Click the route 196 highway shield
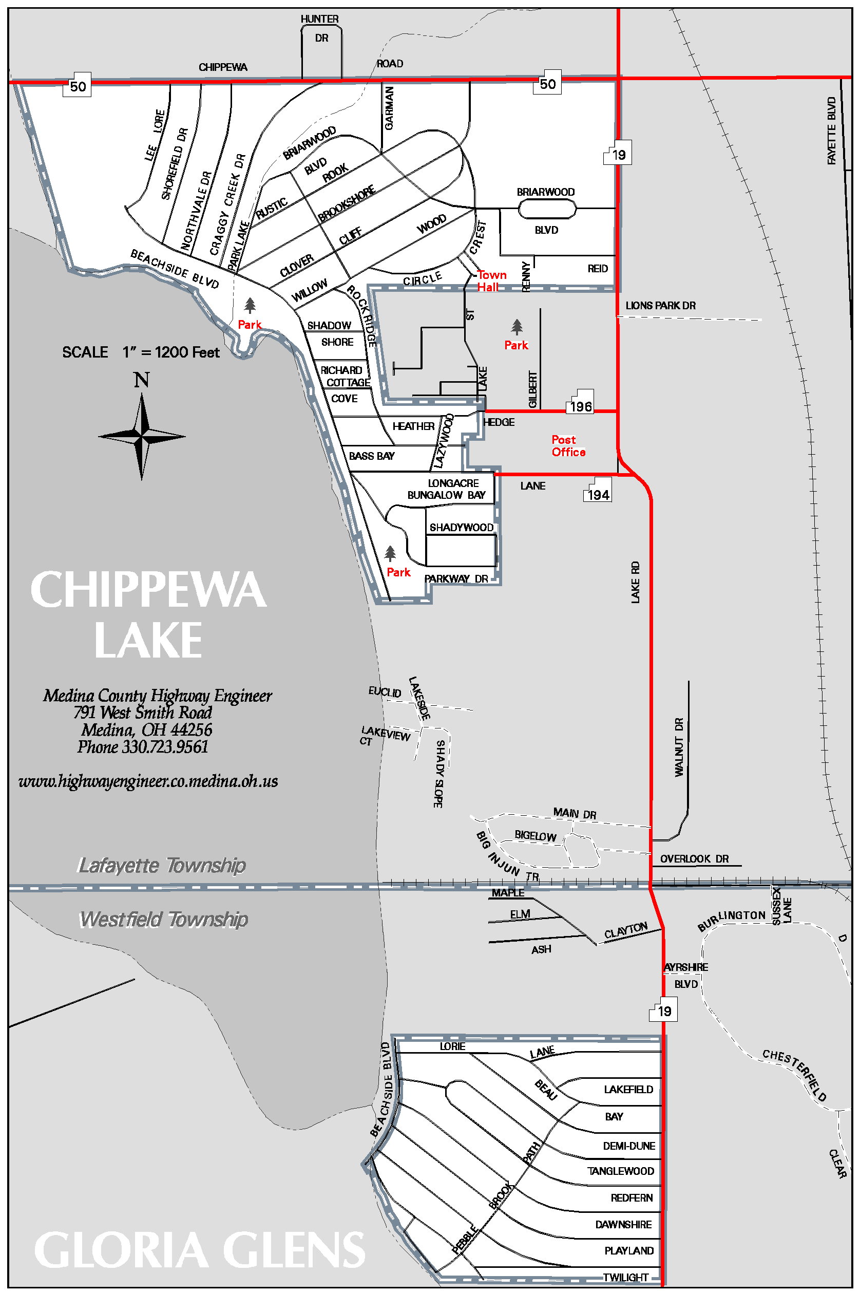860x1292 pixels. (580, 405)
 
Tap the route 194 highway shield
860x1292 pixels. (598, 494)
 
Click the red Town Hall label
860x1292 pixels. (491, 280)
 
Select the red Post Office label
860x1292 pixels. (568, 445)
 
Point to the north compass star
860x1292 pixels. (142, 436)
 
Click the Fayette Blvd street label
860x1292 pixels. (831, 130)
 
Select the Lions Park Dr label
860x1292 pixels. (660, 306)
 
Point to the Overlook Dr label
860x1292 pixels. (694, 858)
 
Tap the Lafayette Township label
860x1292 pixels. (162, 865)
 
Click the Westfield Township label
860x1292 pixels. (163, 919)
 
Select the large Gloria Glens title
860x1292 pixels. (200, 1250)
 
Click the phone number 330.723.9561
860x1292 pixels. (143, 746)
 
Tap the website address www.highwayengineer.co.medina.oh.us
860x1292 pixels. (148, 781)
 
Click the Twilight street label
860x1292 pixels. (625, 1277)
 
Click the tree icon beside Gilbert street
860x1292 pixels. (517, 327)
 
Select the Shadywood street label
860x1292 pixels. (461, 527)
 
